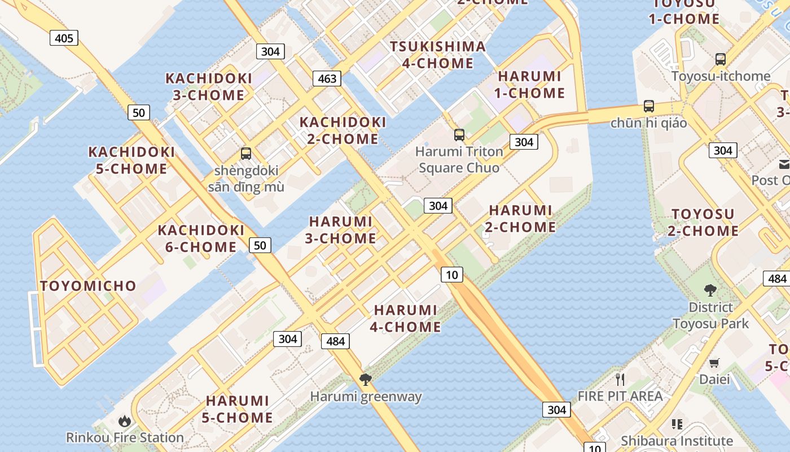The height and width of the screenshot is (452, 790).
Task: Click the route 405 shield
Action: tap(64, 38)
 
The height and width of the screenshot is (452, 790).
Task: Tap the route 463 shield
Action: tap(327, 79)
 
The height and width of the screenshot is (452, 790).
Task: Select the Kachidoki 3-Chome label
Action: tap(209, 86)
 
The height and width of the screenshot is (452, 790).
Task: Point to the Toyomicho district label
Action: tap(88, 286)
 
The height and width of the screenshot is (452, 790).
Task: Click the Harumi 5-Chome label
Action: tap(238, 409)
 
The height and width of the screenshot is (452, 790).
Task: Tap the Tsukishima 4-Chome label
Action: tap(437, 55)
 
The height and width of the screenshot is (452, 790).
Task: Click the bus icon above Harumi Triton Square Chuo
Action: tap(459, 135)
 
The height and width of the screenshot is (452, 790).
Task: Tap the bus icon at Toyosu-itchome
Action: tap(720, 59)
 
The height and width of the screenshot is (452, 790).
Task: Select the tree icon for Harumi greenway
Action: tap(366, 380)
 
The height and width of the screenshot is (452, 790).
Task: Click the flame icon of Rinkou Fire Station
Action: tap(125, 421)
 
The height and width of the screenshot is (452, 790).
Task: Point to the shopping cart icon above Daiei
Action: tap(714, 363)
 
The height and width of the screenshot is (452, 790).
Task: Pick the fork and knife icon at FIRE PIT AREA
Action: tap(620, 379)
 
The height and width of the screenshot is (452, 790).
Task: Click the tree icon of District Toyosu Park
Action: tap(710, 290)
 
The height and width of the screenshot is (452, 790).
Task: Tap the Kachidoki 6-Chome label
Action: tap(201, 238)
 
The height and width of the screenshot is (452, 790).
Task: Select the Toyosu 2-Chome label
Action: tap(703, 222)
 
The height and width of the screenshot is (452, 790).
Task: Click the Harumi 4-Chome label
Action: tap(406, 318)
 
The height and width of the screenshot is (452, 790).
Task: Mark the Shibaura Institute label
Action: tap(677, 441)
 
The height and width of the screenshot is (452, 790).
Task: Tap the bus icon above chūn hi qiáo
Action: tap(649, 106)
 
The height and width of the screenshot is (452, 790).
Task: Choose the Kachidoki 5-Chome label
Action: tap(131, 160)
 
